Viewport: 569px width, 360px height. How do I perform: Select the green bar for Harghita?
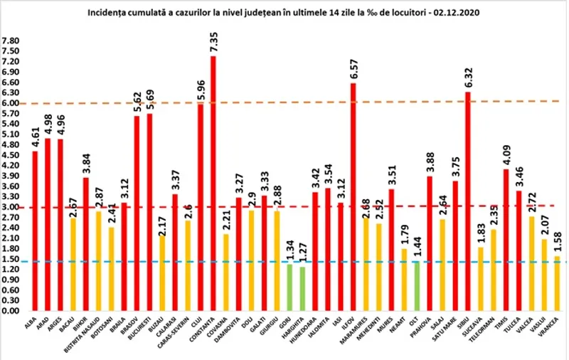click(x=303, y=289)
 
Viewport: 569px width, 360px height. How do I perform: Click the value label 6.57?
click(x=353, y=68)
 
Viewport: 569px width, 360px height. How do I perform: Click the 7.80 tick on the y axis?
click(x=11, y=41)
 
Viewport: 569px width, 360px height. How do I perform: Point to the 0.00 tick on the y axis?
click(x=11, y=312)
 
